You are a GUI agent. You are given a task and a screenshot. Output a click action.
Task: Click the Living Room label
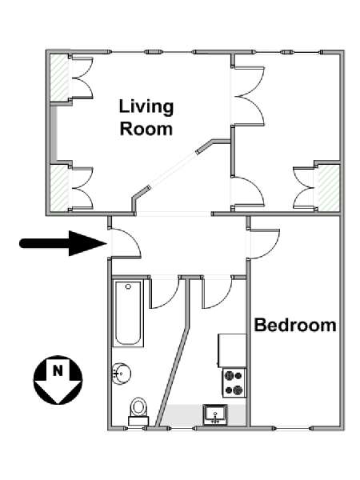coord(146,118)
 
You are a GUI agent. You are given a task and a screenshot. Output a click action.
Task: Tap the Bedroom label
coord(295,325)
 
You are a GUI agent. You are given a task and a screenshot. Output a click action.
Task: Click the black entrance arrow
coord(63,243)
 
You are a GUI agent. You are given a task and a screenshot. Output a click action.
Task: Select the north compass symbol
coord(58,380)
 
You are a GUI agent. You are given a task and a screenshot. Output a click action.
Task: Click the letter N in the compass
coord(58,370)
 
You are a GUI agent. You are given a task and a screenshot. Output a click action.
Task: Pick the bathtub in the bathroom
coord(128,314)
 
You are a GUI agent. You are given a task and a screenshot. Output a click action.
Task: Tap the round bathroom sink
coord(122,374)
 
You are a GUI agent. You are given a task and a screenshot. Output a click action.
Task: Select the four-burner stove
coord(234,383)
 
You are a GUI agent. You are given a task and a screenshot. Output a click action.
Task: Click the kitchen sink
coord(215,414)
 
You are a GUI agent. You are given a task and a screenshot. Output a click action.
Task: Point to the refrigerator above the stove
coord(232,350)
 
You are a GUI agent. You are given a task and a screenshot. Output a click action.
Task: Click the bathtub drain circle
coord(128,286)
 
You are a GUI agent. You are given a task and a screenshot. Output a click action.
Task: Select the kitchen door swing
coord(217,292)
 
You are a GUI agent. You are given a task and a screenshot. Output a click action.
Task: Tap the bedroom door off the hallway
coord(264,244)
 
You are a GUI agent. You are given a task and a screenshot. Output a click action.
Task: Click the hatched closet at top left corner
coord(59,78)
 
